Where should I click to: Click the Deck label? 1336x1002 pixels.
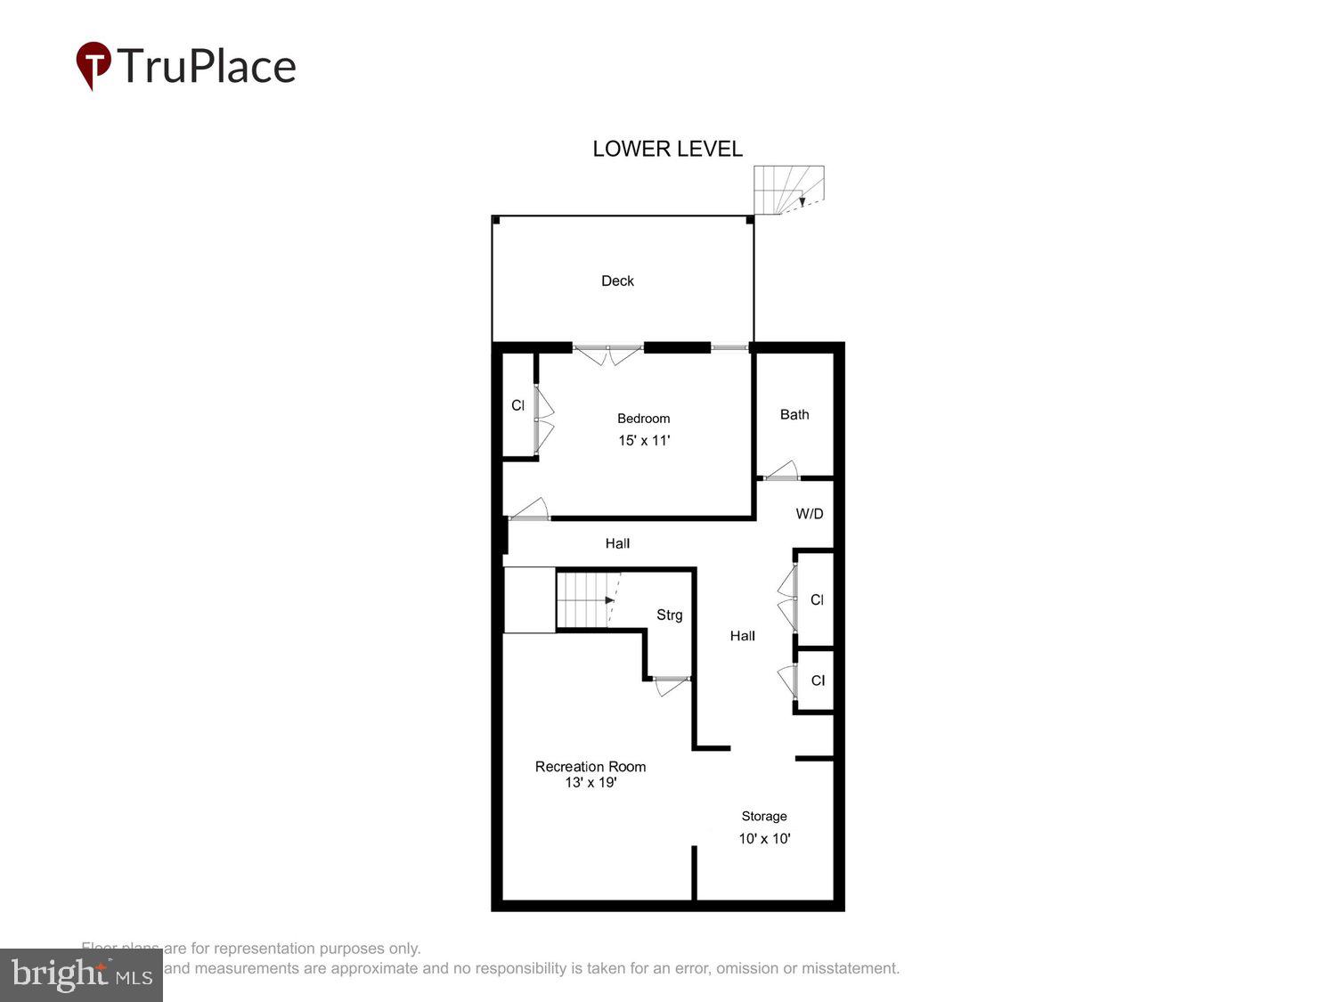coord(617,281)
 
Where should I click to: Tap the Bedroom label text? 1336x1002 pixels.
coord(643,419)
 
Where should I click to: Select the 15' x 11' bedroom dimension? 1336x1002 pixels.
coord(644,440)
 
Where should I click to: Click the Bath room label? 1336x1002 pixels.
coord(794,414)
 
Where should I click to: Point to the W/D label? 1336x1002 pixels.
coord(810,514)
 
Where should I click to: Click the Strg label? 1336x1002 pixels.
coord(669,615)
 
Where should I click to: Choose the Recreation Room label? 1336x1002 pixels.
coord(591,766)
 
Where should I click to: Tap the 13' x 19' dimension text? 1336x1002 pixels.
coord(591,783)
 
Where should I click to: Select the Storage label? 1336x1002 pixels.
coord(764,816)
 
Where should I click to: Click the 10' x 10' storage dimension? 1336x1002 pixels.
coord(764,838)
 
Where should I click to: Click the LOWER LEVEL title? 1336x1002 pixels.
coord(667,149)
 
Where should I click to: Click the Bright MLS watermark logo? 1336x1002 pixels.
coord(81,974)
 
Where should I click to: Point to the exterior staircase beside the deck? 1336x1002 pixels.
coord(788,190)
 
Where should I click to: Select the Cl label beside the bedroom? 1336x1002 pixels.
coord(517,405)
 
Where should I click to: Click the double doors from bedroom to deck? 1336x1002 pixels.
coord(607,354)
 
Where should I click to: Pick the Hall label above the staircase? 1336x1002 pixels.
coord(617,543)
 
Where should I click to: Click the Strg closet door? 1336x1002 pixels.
coord(671,685)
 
